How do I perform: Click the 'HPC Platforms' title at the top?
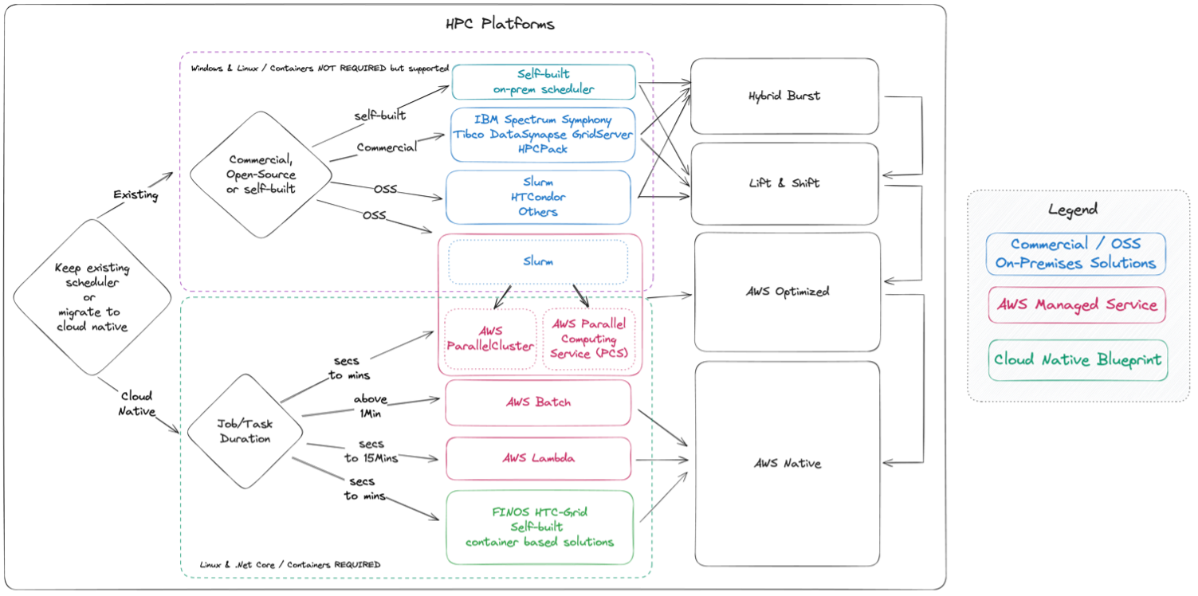tap(500, 24)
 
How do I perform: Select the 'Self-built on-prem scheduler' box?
tap(544, 82)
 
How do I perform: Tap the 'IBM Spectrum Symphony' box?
tap(544, 134)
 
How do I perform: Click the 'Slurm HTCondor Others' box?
tap(538, 197)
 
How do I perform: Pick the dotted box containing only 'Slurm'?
tap(538, 261)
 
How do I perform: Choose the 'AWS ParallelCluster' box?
tap(490, 339)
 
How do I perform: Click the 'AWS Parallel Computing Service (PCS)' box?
tap(590, 339)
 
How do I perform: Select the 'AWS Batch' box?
tap(538, 402)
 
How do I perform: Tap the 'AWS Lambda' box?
tap(538, 458)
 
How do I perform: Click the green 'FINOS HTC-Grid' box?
tap(540, 527)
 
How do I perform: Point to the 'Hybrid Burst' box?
tap(784, 96)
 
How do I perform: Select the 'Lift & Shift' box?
tap(784, 183)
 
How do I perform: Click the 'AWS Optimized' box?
tap(788, 292)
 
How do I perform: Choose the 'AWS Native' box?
tap(788, 464)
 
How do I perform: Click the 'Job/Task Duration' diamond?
tap(245, 431)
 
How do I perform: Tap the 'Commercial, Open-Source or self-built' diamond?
tap(260, 174)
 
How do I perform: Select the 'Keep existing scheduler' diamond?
tap(92, 297)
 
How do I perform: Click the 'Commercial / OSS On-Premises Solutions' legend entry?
tap(1075, 254)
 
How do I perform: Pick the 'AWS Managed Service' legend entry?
tap(1076, 305)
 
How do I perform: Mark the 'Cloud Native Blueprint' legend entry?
tap(1078, 360)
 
